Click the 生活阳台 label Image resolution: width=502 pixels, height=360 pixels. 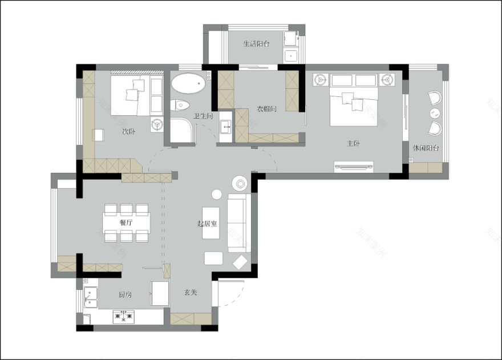coord(256,43)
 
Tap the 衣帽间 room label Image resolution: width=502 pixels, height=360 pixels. coord(267,109)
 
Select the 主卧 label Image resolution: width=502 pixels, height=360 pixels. coord(354,143)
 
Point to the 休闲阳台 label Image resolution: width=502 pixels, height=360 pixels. coord(426,148)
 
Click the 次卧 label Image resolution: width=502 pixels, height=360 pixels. coord(129,131)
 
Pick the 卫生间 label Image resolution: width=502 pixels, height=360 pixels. coord(203,116)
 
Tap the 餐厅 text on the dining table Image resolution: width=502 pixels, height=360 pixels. coord(126,223)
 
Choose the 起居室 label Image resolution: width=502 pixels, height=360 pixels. coord(207,224)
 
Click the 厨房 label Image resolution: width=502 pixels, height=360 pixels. coord(125,294)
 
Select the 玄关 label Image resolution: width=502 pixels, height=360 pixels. coord(191,293)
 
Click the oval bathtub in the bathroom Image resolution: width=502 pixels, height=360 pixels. coord(188,83)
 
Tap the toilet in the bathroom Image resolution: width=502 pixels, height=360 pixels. coord(180,105)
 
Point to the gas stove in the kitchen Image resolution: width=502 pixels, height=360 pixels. coord(124,317)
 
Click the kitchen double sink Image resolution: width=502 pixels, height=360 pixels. coord(91,297)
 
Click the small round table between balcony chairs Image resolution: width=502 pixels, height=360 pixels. coord(435,113)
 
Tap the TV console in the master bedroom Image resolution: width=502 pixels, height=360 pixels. coord(354,167)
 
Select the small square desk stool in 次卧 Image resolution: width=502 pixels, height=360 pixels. coord(98,135)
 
